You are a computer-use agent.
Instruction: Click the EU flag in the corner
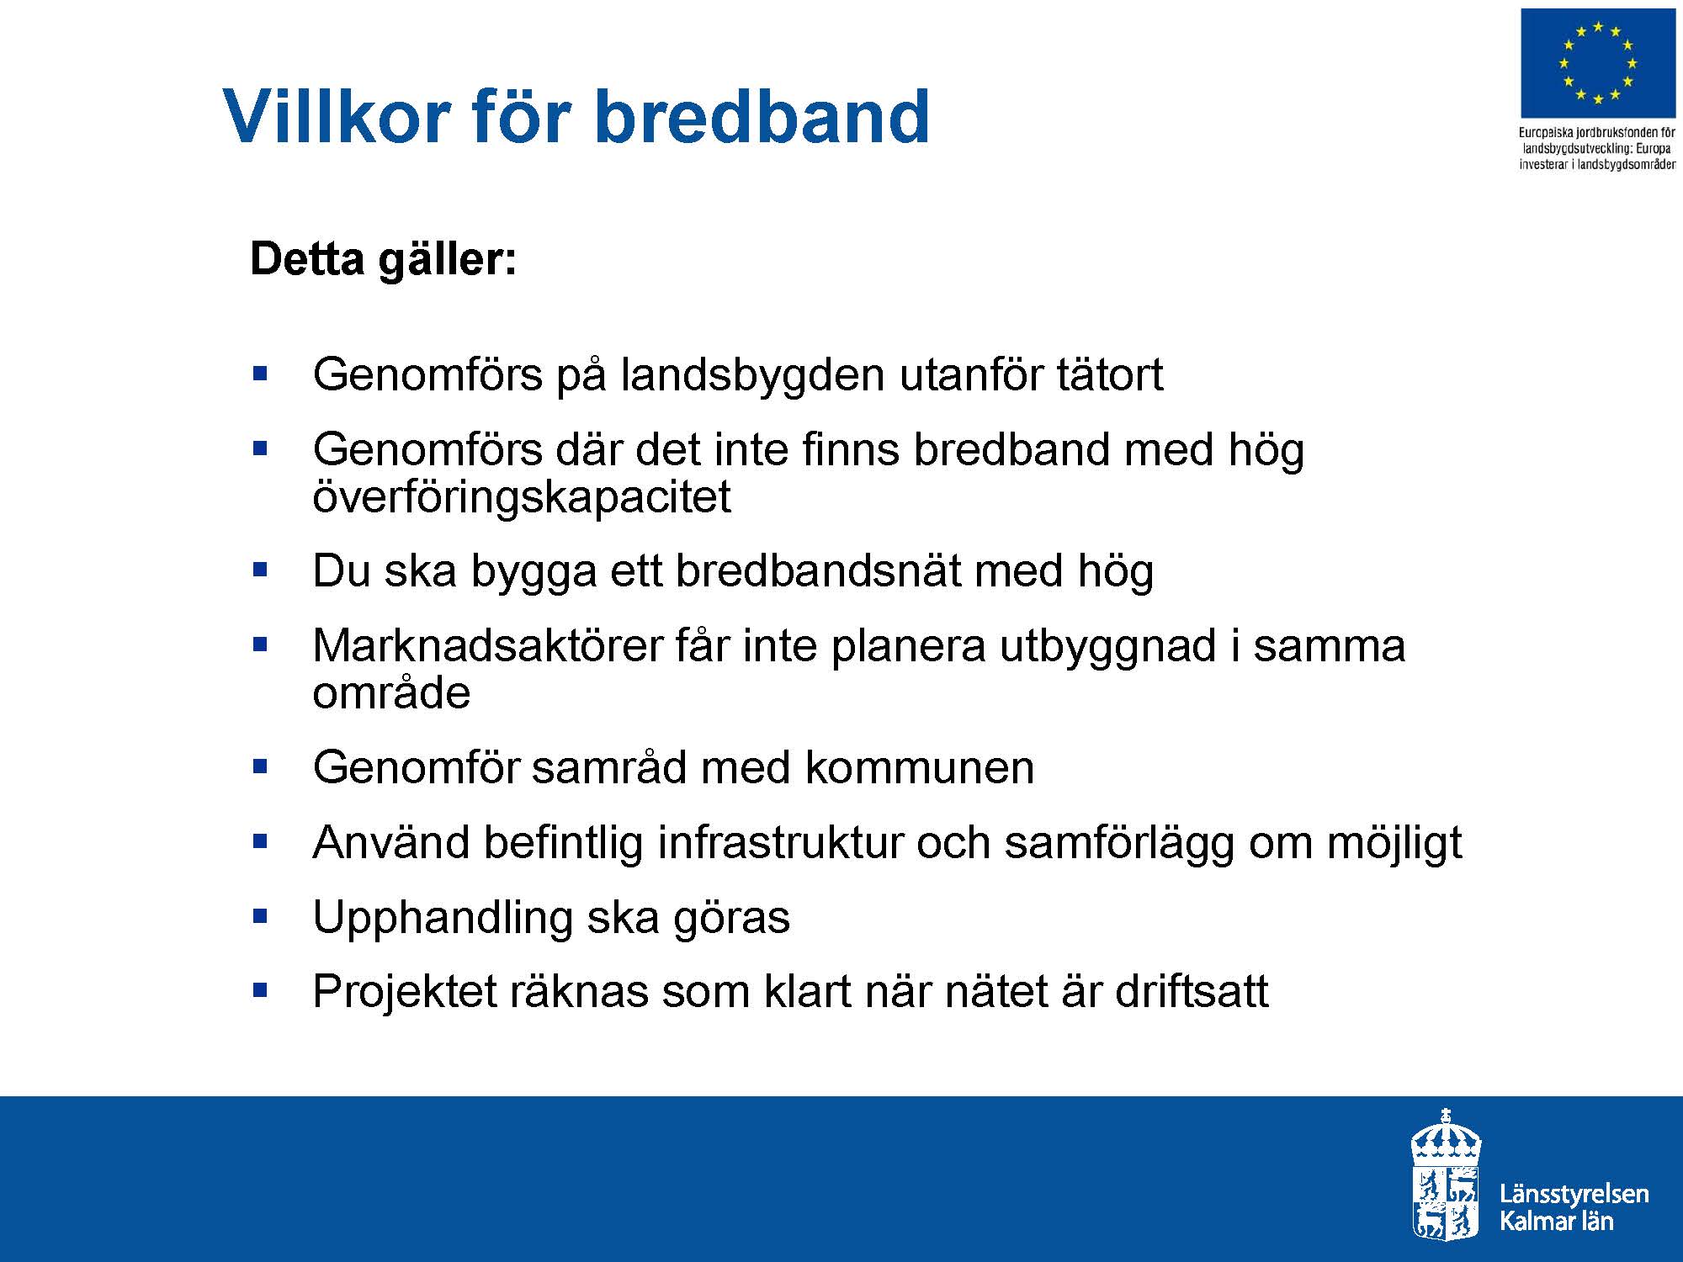[x=1598, y=63]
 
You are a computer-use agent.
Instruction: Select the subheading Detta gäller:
[x=384, y=259]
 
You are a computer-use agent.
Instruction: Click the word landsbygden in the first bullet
[x=752, y=375]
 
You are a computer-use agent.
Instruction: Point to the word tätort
[x=1109, y=374]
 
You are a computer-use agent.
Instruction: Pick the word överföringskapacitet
[x=521, y=496]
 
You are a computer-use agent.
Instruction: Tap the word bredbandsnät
[x=817, y=570]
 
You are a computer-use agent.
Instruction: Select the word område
[x=391, y=693]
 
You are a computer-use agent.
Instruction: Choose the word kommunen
[x=919, y=767]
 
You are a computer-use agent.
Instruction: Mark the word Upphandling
[x=443, y=918]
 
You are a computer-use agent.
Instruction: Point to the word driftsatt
[x=1192, y=991]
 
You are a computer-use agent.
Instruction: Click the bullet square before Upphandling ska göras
[x=260, y=915]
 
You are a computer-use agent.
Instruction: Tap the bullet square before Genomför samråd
[x=260, y=766]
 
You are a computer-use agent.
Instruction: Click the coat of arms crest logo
[x=1446, y=1175]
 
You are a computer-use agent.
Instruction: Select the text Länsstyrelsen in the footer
[x=1574, y=1194]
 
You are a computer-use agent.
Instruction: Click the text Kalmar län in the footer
[x=1556, y=1221]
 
